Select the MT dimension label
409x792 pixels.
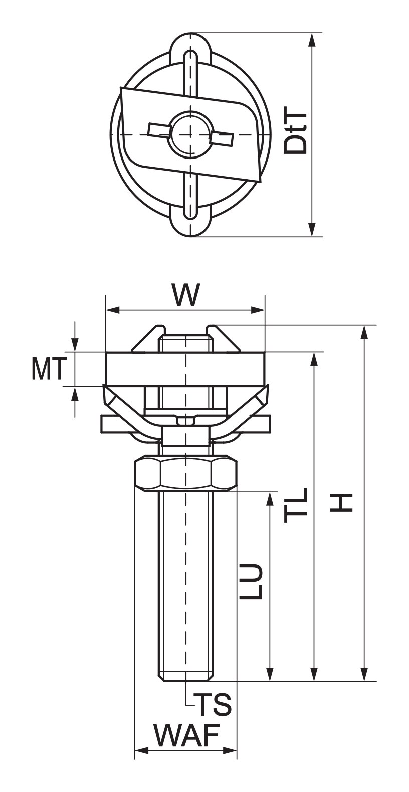(49, 369)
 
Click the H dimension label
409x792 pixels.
(341, 503)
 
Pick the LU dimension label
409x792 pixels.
(251, 581)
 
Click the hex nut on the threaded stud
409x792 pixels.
(185, 474)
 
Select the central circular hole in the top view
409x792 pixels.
(191, 135)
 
